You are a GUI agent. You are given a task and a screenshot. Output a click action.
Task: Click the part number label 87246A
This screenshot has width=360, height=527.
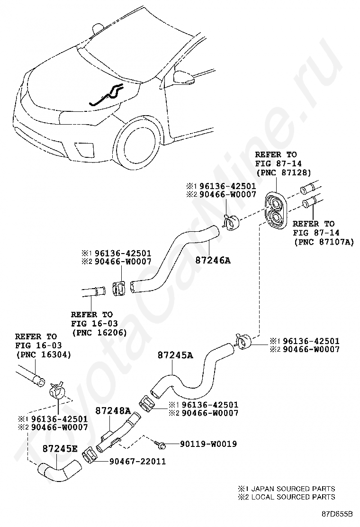click(213, 260)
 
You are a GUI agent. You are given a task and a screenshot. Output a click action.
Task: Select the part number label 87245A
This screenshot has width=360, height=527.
click(176, 355)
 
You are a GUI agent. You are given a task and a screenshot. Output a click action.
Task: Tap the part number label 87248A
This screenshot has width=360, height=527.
click(113, 410)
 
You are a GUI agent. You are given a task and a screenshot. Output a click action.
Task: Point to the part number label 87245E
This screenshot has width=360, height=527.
click(60, 448)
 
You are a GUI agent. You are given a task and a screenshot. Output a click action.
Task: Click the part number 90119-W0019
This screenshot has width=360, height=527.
click(208, 444)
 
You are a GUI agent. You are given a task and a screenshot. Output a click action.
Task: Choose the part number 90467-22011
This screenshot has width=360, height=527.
click(138, 461)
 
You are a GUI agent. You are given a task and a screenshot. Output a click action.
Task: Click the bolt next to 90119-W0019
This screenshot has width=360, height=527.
click(160, 445)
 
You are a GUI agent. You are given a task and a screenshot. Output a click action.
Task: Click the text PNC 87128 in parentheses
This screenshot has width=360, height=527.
click(283, 173)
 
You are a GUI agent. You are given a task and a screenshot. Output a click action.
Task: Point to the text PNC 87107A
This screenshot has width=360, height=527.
click(324, 242)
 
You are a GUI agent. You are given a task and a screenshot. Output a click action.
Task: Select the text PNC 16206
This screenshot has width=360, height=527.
click(99, 332)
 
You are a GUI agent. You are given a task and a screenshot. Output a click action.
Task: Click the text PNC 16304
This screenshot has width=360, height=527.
click(44, 354)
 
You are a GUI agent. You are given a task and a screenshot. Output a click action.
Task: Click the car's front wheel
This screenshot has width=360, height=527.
click(136, 144)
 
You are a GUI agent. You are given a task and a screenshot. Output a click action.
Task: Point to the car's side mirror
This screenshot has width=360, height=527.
click(183, 77)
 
